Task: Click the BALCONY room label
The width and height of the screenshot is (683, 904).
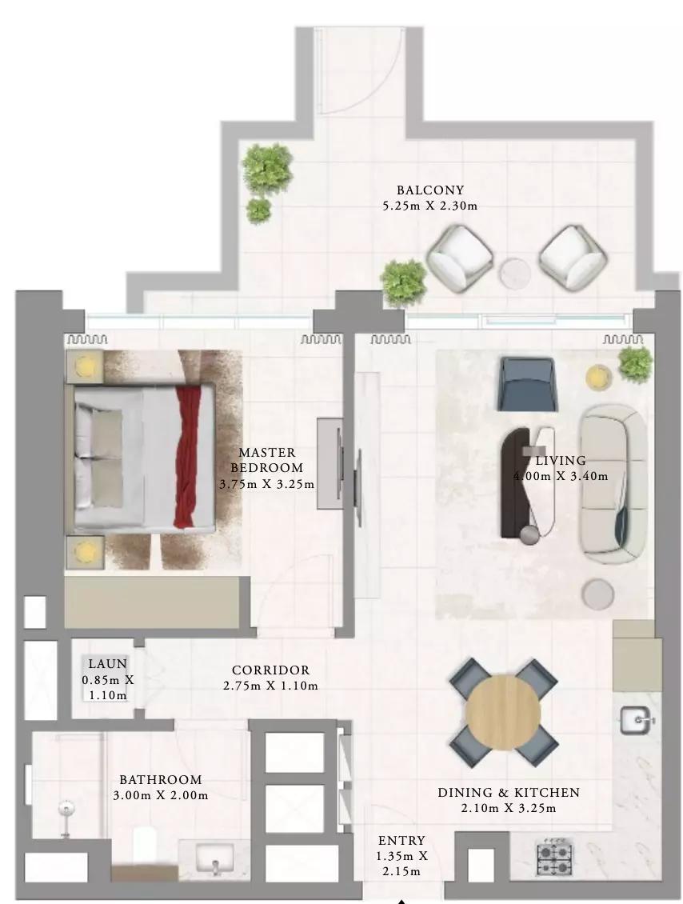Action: pos(430,190)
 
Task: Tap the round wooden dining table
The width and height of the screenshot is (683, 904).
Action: pos(502,711)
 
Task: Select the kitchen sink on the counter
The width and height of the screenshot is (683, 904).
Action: pos(637,720)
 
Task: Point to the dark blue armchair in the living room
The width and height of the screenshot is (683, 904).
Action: pos(527,383)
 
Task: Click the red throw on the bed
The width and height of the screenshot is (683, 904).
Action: pos(186,457)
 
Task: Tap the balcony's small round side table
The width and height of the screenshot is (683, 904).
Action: pos(515,272)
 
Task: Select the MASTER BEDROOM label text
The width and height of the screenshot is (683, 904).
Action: pos(266,460)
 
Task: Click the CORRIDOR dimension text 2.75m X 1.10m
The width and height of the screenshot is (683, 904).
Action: pos(270,686)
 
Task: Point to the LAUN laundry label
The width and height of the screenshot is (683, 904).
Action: pos(107,663)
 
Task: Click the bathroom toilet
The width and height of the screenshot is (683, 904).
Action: pos(145,845)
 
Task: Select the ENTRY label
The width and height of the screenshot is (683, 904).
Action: pos(401,841)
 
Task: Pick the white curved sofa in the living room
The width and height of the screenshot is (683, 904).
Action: pos(613,484)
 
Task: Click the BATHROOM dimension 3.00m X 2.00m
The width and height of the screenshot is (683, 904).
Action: pos(161,796)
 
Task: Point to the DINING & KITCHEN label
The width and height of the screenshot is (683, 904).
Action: pos(509,793)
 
